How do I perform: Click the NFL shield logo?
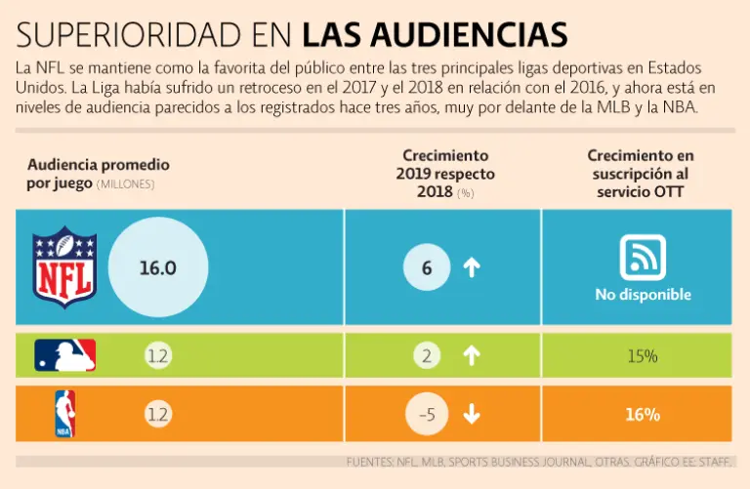click(64, 265)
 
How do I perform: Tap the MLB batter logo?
click(65, 355)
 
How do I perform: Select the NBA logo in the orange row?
click(64, 413)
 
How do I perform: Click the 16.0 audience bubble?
click(157, 267)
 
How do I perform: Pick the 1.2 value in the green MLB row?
click(156, 356)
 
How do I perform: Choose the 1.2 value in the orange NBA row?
click(156, 414)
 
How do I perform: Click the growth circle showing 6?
click(426, 267)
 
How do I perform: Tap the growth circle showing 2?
click(426, 356)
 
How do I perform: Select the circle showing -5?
click(426, 414)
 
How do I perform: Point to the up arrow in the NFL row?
click(472, 267)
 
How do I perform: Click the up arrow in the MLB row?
click(472, 356)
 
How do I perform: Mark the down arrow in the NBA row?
click(472, 414)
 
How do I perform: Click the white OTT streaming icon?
click(643, 257)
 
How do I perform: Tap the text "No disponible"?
click(643, 295)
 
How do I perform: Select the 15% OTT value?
click(643, 356)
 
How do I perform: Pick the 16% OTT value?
click(643, 414)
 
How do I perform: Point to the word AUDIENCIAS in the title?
click(471, 35)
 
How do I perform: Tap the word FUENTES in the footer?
click(370, 461)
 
